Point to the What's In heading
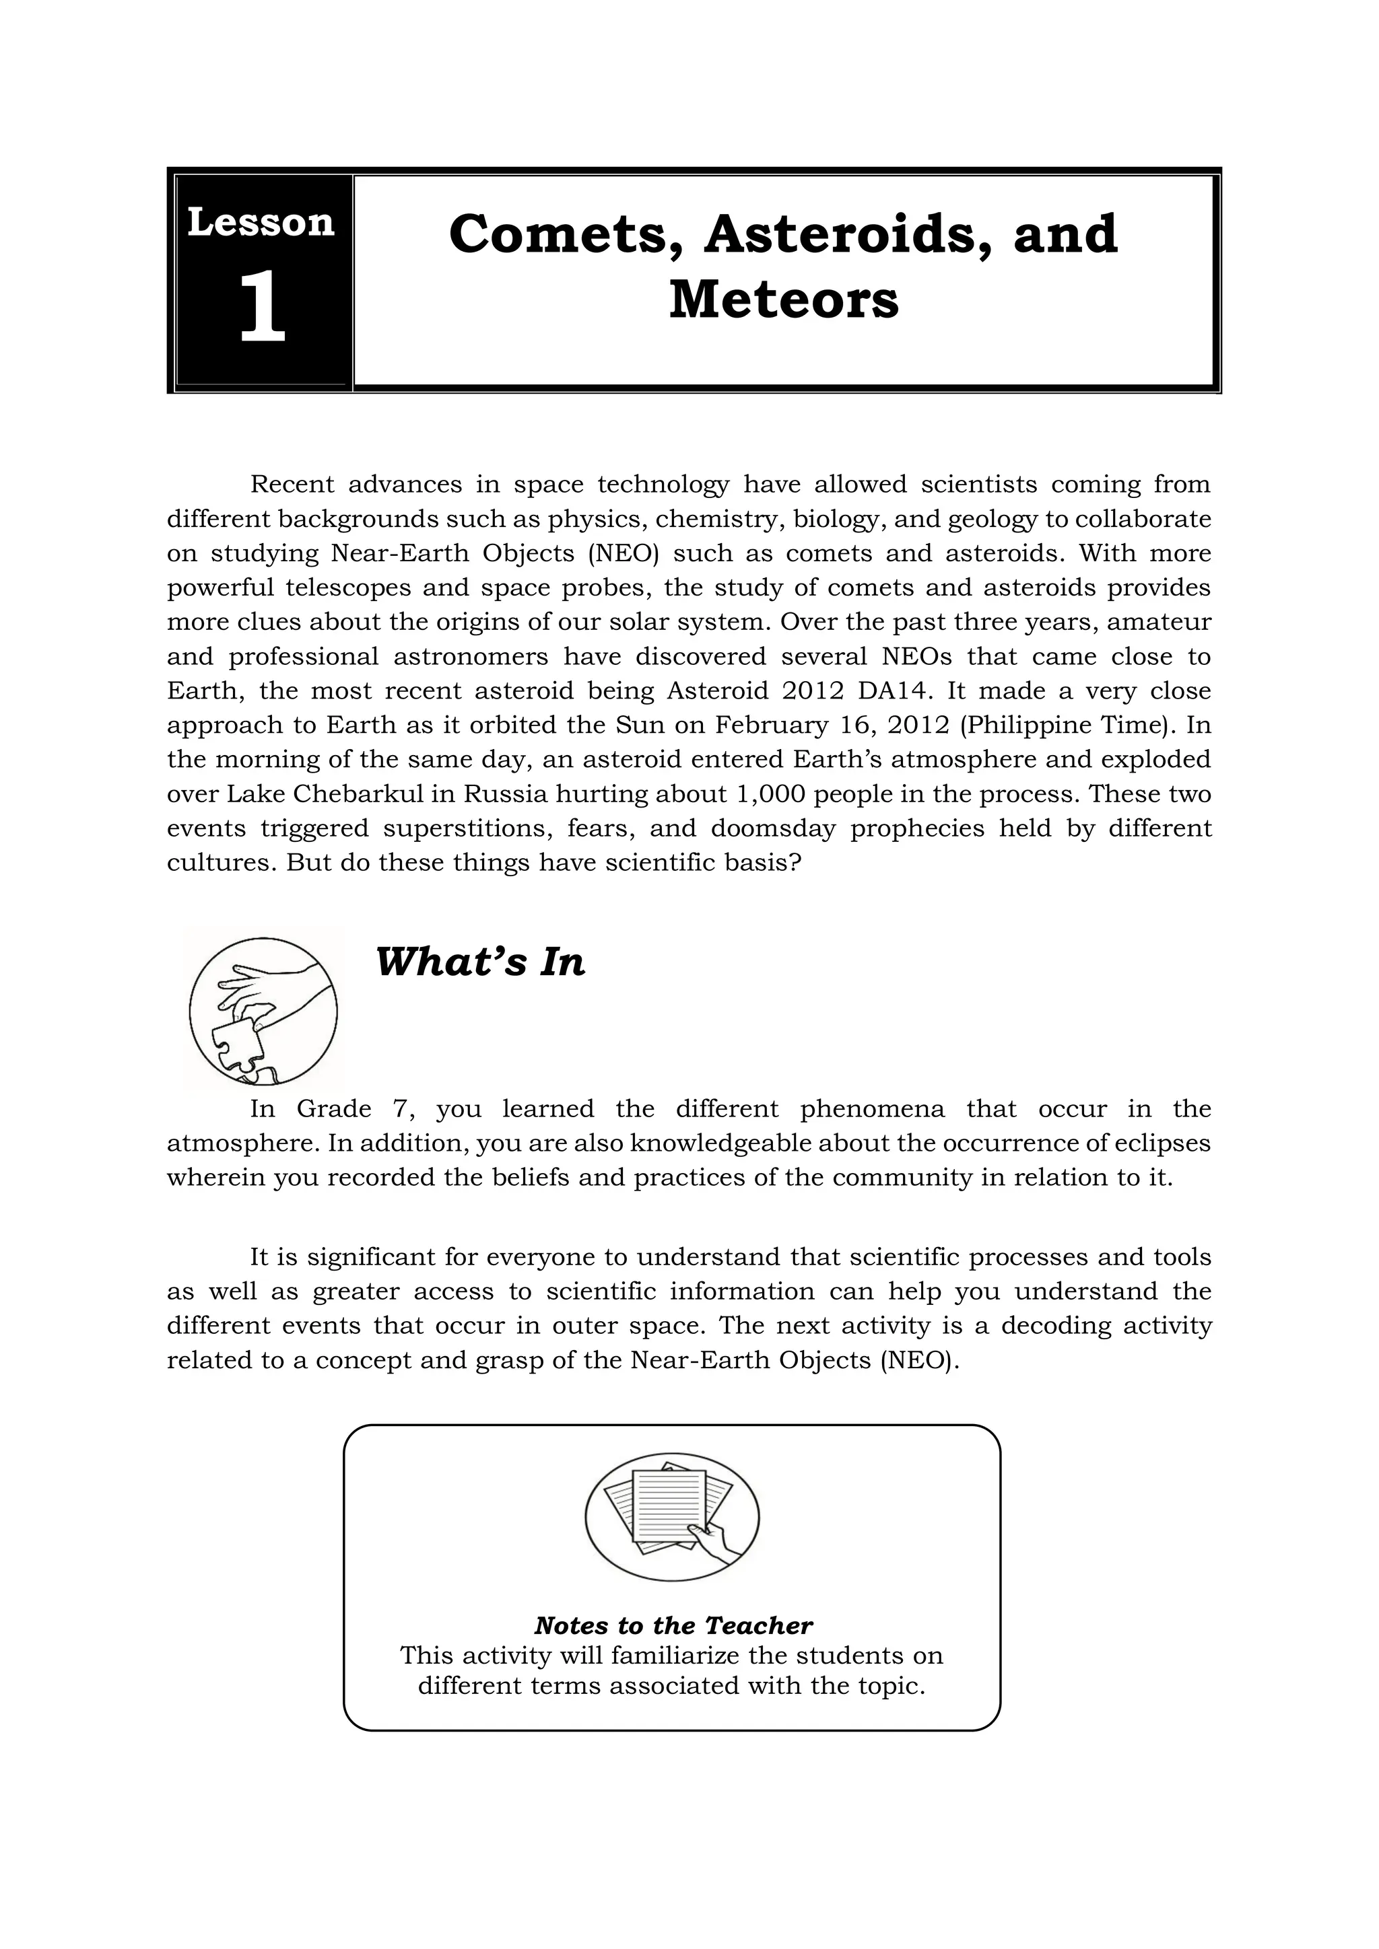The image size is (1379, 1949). (481, 962)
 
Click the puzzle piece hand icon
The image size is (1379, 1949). (263, 1010)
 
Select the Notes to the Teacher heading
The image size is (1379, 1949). (673, 1625)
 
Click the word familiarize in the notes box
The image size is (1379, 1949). (676, 1656)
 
